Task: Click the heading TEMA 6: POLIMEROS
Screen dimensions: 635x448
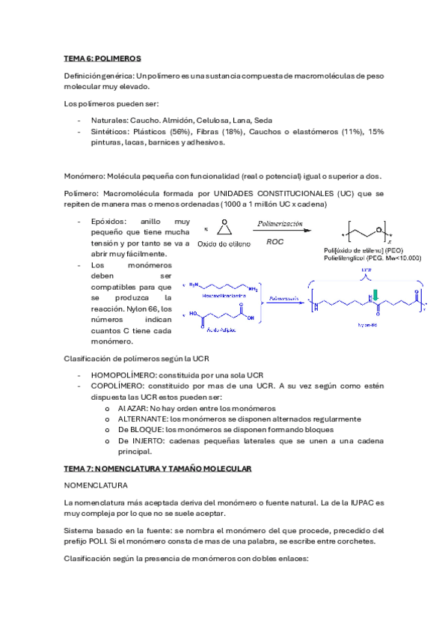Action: (x=102, y=58)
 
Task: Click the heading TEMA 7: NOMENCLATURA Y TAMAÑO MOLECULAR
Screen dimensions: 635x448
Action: (x=159, y=468)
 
